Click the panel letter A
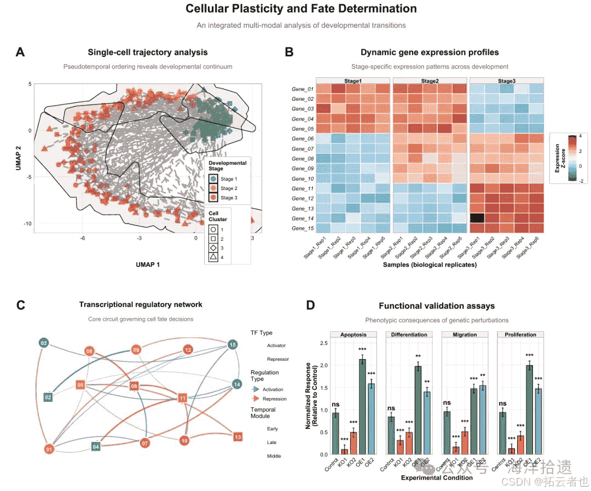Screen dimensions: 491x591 pos(20,52)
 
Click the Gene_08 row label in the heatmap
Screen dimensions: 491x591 pos(303,159)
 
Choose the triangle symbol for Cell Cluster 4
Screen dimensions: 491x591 pos(212,257)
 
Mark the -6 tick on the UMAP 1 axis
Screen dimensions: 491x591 pos(83,238)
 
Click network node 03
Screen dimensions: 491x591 pos(44,343)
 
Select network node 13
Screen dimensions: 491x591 pos(237,437)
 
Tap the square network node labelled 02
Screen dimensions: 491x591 pos(48,396)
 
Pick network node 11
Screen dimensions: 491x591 pos(183,397)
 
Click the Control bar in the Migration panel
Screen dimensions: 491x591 pos(447,433)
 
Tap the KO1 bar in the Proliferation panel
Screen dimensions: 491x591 pos(511,451)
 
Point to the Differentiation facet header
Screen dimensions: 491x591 pos(409,334)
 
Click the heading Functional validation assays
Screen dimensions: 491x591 pos(436,306)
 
